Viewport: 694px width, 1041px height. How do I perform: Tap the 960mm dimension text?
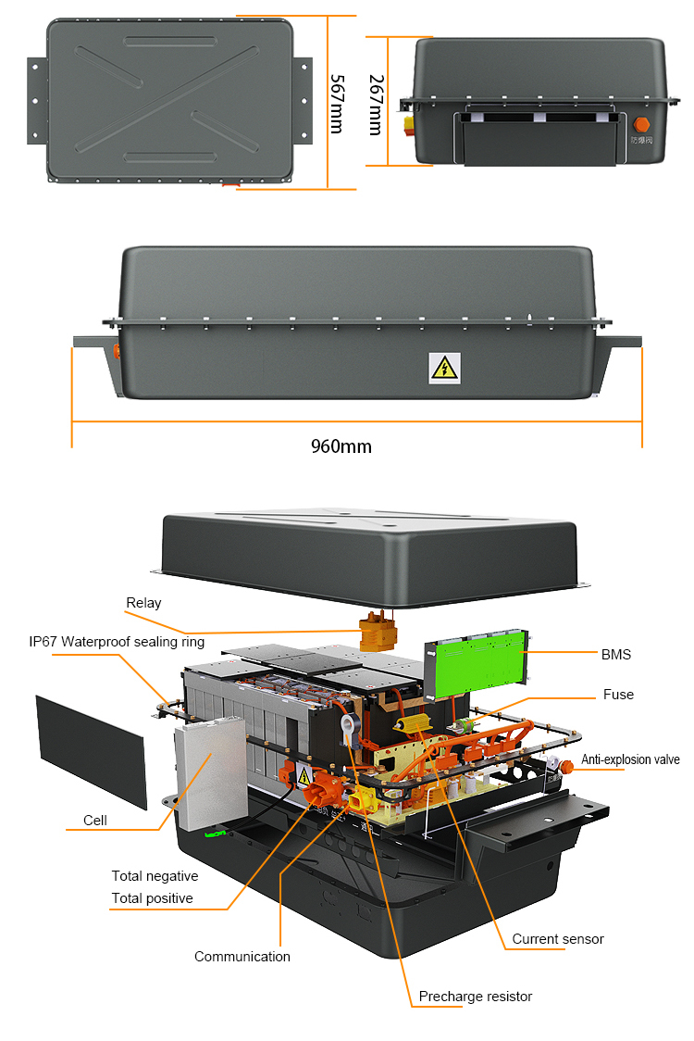[x=341, y=446]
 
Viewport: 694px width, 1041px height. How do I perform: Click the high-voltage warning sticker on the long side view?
[x=444, y=368]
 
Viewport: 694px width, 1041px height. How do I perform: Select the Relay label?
[x=143, y=603]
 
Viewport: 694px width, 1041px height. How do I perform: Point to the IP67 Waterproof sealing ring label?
[x=116, y=642]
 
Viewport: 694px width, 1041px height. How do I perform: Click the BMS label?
[x=615, y=655]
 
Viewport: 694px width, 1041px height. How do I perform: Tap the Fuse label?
[x=618, y=695]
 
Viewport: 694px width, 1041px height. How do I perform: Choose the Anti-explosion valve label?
[x=630, y=759]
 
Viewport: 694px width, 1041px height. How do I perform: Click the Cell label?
[x=95, y=820]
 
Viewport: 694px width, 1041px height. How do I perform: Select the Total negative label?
[x=155, y=876]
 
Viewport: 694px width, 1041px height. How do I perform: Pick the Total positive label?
[x=152, y=898]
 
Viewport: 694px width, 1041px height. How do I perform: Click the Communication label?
[x=242, y=957]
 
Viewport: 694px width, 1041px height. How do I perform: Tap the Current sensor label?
[x=558, y=939]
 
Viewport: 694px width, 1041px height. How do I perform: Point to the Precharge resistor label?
[x=476, y=997]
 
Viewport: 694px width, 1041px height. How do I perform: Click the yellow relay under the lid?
[x=378, y=634]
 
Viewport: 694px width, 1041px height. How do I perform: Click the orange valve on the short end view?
[x=640, y=124]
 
